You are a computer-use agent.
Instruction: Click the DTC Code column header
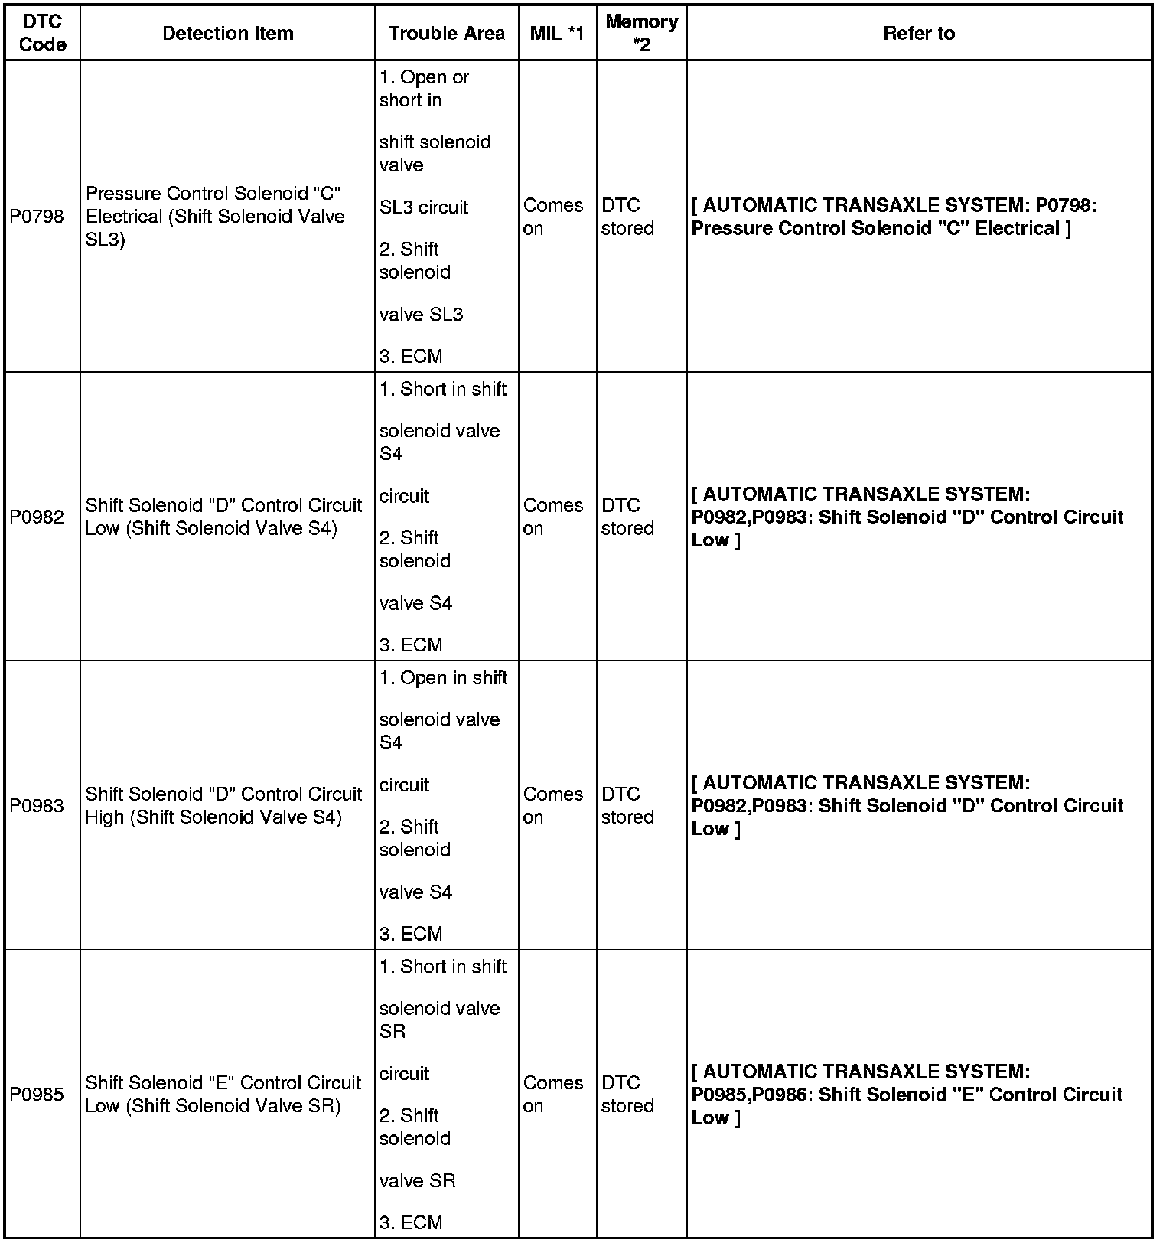click(x=42, y=34)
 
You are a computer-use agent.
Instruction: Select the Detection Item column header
click(x=227, y=34)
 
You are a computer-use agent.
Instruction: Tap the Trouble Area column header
click(x=446, y=34)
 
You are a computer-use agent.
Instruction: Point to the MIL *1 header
click(x=556, y=34)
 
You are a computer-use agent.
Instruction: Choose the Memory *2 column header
click(x=641, y=34)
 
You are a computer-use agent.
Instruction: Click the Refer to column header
click(x=918, y=34)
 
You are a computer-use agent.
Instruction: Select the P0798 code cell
click(x=37, y=217)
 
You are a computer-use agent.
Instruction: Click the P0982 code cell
click(x=37, y=517)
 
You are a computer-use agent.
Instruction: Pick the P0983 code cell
click(x=37, y=805)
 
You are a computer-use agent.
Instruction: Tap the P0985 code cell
click(x=37, y=1095)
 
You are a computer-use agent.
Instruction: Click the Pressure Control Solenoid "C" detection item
click(x=215, y=217)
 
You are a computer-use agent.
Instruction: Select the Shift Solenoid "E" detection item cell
click(x=223, y=1095)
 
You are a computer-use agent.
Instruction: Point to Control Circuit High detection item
click(x=223, y=805)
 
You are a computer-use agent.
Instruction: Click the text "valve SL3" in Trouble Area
click(x=421, y=315)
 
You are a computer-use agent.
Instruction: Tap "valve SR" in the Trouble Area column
click(x=417, y=1180)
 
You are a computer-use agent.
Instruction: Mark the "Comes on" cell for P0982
click(x=552, y=517)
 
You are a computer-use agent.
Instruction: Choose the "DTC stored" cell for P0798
click(x=627, y=217)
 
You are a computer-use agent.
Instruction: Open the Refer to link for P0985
click(x=907, y=1095)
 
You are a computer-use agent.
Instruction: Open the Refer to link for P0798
click(x=894, y=217)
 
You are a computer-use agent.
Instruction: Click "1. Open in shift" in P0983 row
click(x=443, y=678)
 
